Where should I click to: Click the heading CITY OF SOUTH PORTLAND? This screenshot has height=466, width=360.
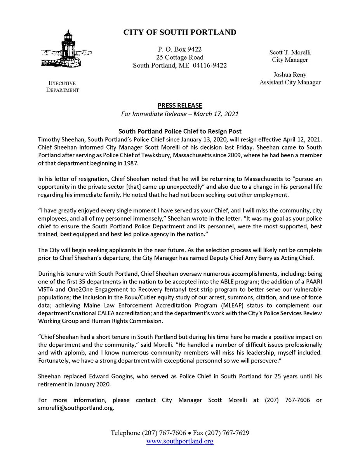180,32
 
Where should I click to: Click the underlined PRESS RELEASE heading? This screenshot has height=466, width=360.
180,105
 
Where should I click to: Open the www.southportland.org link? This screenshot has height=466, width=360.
180,441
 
